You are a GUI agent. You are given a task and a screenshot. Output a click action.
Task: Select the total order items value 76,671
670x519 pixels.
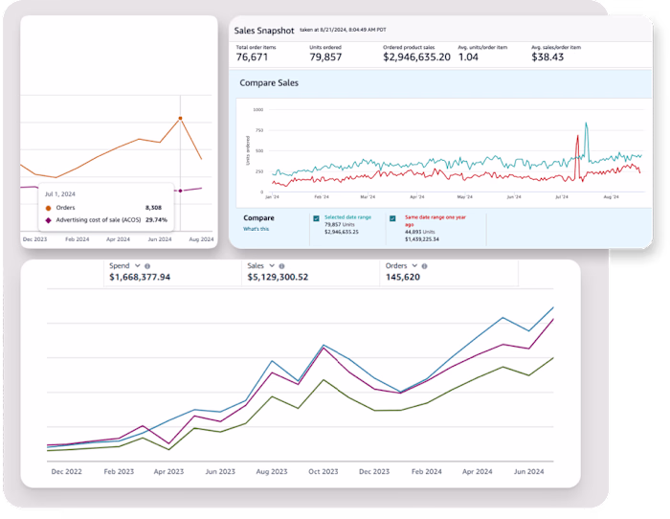tap(255, 57)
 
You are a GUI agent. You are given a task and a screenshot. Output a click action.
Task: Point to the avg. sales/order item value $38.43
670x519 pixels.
tap(548, 57)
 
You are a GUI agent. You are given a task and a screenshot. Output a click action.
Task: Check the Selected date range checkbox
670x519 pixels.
tap(317, 218)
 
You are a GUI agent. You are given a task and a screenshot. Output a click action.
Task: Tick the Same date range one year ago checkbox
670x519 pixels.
tap(392, 218)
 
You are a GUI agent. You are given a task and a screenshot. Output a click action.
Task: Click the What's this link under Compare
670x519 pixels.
tap(256, 229)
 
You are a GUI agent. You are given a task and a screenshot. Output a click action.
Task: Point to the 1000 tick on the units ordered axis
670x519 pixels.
tap(257, 109)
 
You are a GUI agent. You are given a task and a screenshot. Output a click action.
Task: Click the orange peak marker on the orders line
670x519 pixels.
tap(180, 119)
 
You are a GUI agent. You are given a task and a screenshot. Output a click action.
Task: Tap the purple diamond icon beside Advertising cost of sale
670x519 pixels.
tap(48, 219)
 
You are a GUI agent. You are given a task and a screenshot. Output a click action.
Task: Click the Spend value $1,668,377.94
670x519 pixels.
tap(140, 277)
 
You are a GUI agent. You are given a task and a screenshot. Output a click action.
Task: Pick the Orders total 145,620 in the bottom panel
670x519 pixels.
tap(403, 277)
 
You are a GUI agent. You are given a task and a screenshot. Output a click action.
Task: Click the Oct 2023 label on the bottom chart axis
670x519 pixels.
tap(323, 472)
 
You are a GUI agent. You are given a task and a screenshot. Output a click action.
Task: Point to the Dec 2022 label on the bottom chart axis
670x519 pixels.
tap(66, 472)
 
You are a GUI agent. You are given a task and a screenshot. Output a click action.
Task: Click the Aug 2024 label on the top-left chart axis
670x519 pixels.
tap(201, 237)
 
